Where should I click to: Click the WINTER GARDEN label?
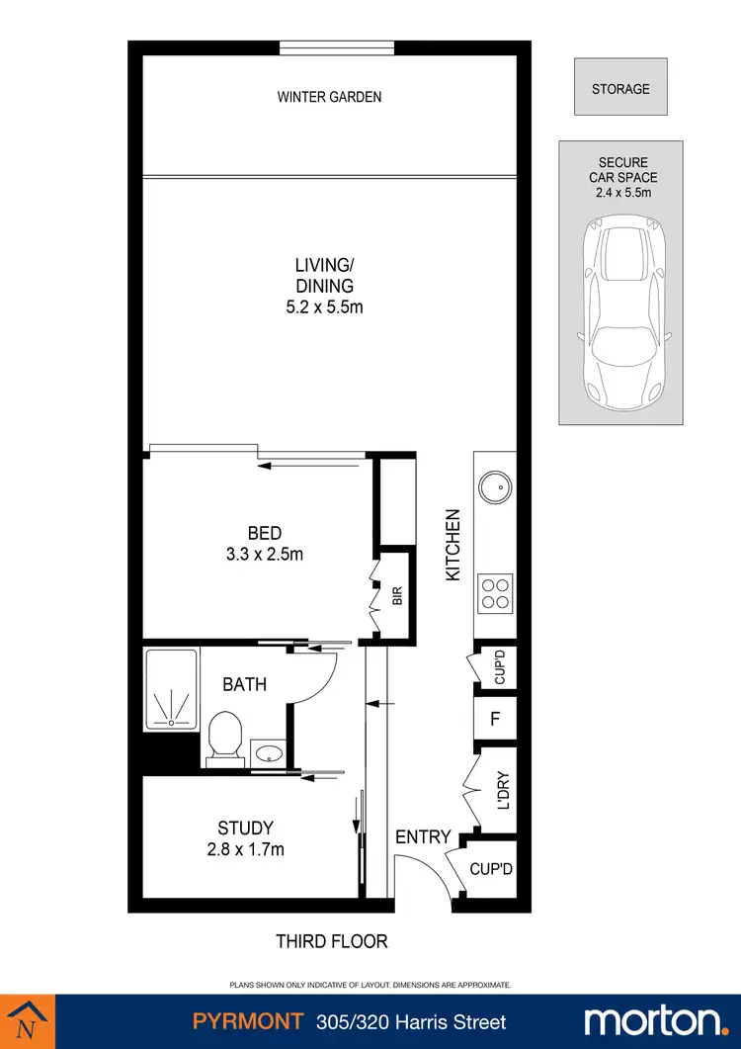coord(329,97)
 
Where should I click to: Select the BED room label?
coord(265,534)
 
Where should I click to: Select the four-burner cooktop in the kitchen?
coord(494,592)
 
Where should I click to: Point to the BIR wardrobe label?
coord(397,596)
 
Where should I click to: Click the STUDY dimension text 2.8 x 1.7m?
coord(245,848)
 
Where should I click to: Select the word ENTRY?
coord(423,837)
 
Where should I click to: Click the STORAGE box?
coord(620,89)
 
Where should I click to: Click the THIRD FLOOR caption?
coord(331,941)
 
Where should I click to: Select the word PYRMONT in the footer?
coord(234,1022)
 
